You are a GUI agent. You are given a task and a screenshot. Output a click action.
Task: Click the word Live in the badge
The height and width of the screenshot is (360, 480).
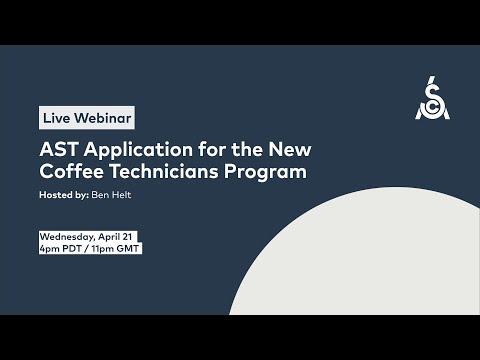click(x=56, y=118)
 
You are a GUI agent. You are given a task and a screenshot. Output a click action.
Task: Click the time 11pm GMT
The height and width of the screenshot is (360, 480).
click(x=116, y=248)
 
